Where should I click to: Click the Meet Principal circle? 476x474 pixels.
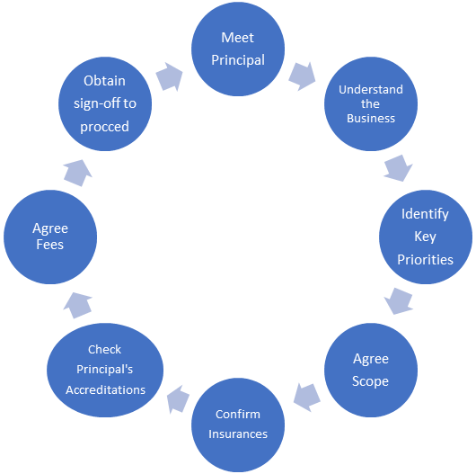pyautogui.click(x=238, y=49)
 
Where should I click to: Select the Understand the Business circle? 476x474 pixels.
pyautogui.click(x=371, y=104)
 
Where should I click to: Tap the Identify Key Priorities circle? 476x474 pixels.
pyautogui.click(x=426, y=237)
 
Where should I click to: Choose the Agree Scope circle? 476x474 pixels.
pyautogui.click(x=371, y=370)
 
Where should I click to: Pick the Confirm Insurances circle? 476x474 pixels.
pyautogui.click(x=238, y=425)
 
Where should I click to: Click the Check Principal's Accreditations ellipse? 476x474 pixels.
pyautogui.click(x=105, y=370)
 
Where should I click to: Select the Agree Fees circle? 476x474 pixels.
pyautogui.click(x=50, y=237)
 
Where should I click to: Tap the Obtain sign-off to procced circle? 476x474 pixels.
pyautogui.click(x=105, y=104)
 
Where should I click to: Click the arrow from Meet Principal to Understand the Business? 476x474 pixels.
pyautogui.click(x=303, y=76)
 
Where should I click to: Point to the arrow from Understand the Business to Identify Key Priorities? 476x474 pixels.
pyautogui.click(x=398, y=168)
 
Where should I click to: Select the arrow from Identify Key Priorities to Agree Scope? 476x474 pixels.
pyautogui.click(x=398, y=301)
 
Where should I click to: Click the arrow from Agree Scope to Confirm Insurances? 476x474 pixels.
pyautogui.click(x=306, y=398)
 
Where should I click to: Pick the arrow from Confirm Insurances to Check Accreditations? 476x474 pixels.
pyautogui.click(x=178, y=399)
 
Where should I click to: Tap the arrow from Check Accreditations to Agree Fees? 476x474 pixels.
pyautogui.click(x=78, y=306)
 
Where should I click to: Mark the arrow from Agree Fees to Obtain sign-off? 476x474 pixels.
pyautogui.click(x=78, y=173)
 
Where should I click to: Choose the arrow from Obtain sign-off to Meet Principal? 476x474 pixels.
pyautogui.click(x=170, y=76)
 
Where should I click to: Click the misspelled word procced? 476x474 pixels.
pyautogui.click(x=105, y=127)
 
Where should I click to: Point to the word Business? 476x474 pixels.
pyautogui.click(x=371, y=118)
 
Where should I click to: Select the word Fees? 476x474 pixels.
pyautogui.click(x=50, y=245)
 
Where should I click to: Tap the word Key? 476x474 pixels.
pyautogui.click(x=426, y=237)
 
